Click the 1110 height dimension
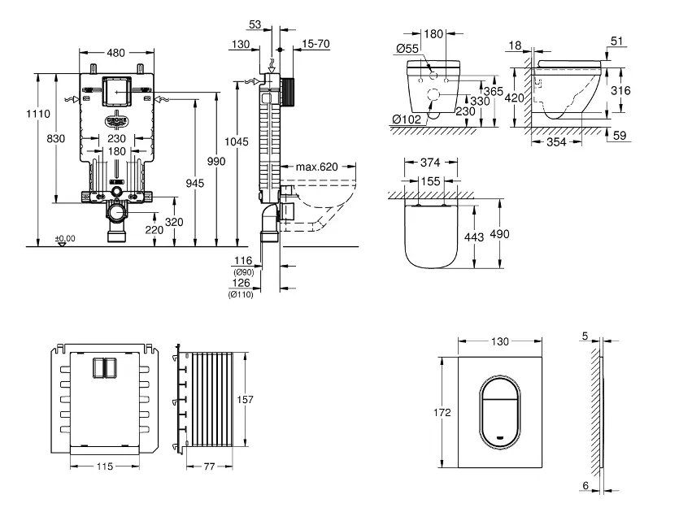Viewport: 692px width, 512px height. click(16, 115)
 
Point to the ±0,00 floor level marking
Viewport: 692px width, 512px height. click(65, 238)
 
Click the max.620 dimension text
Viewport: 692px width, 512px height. click(316, 167)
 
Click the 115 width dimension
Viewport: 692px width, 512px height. click(102, 466)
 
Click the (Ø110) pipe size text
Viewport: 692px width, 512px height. click(242, 293)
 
